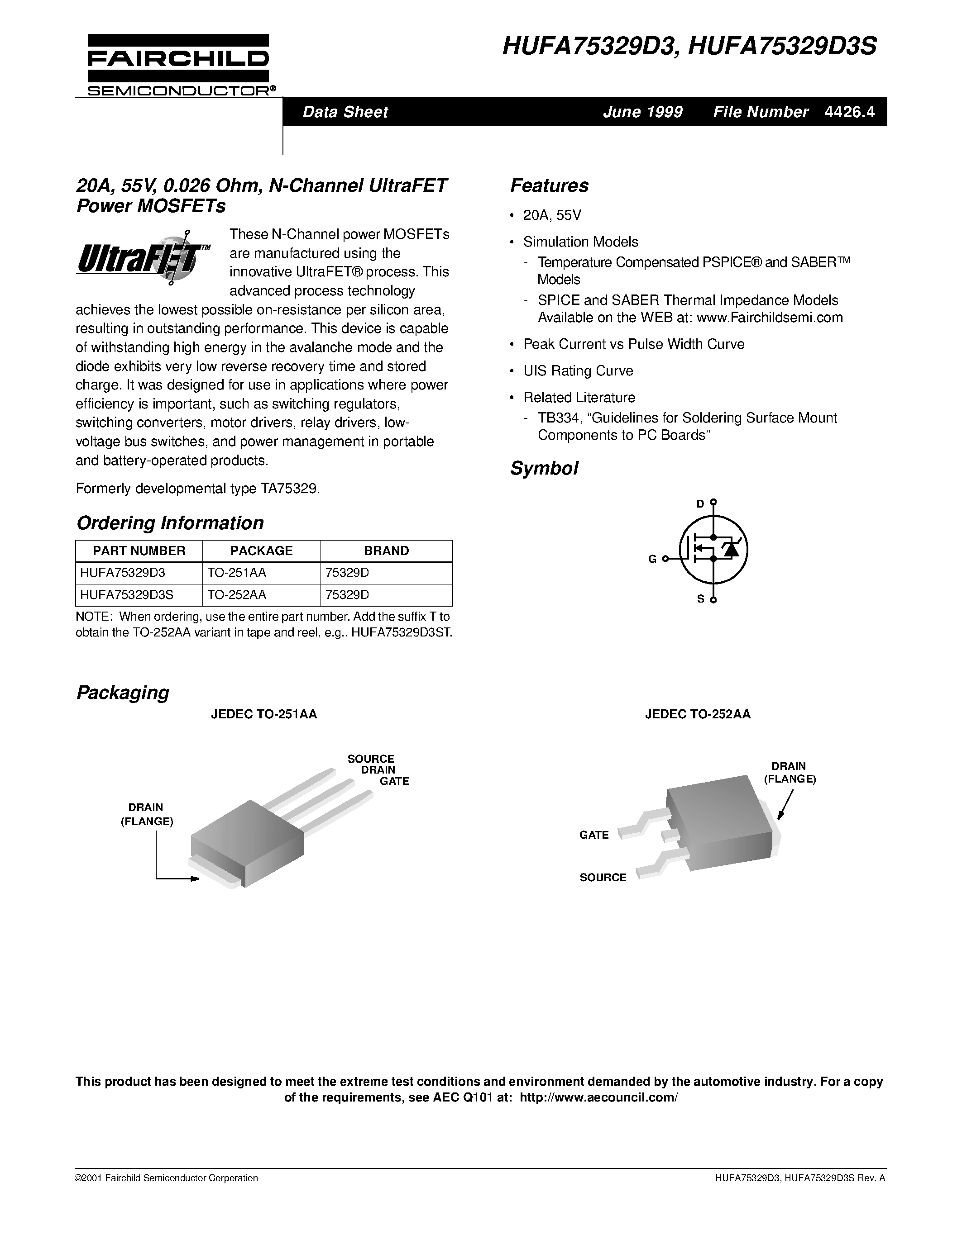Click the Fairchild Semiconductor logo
[x=178, y=64]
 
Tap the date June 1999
[x=642, y=112]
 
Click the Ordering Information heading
[x=170, y=523]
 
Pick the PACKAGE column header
[x=261, y=551]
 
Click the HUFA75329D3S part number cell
[x=126, y=595]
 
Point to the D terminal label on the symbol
[x=700, y=503]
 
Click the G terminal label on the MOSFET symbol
[x=652, y=559]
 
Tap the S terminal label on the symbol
[x=700, y=599]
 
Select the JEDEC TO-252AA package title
[x=697, y=714]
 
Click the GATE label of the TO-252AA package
[x=594, y=835]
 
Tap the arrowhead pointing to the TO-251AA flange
[x=195, y=879]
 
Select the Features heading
[x=549, y=185]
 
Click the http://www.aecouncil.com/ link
[x=598, y=1097]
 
